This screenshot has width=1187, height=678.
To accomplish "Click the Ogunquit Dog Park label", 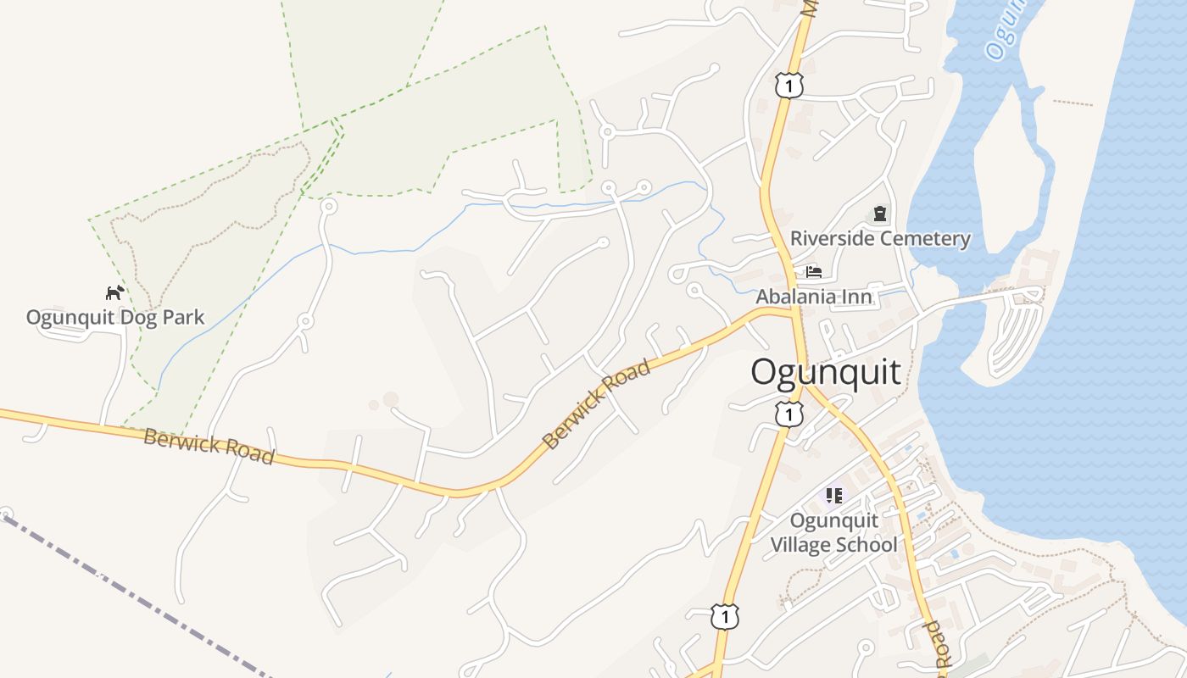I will [x=115, y=318].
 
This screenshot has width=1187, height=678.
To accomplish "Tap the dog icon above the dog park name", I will [x=114, y=293].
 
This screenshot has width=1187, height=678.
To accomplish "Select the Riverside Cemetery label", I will [x=880, y=238].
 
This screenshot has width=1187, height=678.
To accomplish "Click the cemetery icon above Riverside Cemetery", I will [x=880, y=214].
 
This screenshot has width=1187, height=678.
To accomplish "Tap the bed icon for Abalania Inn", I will [x=814, y=272].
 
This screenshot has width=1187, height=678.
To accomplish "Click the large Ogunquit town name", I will [x=826, y=372].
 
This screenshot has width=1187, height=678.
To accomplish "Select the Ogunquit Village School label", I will [x=833, y=532].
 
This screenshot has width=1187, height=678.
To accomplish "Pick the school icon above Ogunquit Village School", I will [x=833, y=495].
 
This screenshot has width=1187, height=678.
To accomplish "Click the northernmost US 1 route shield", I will [x=789, y=85].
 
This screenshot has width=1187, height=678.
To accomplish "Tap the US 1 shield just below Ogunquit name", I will [x=789, y=414].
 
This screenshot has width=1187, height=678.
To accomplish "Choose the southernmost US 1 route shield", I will [x=724, y=616].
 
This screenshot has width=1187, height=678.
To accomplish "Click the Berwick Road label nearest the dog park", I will [x=209, y=446].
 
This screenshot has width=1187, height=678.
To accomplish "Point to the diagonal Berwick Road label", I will [x=597, y=404].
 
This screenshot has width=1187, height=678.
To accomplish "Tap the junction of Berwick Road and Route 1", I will [x=795, y=311].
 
